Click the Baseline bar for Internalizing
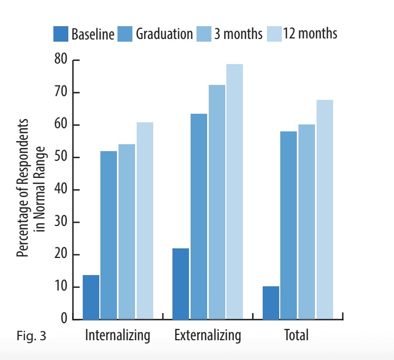point(91,297)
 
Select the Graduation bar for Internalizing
point(109,235)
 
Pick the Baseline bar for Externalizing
point(180,284)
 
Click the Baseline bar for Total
point(271,303)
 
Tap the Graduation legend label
point(164,34)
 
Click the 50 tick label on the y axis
point(60,158)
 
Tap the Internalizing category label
point(117,336)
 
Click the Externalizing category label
point(207,336)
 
